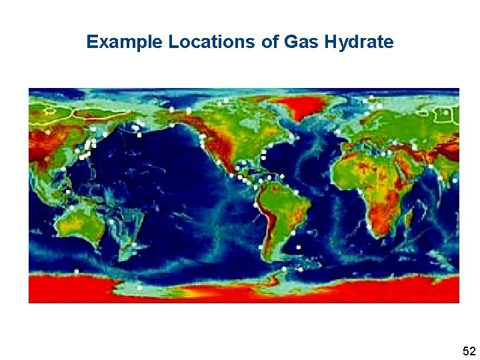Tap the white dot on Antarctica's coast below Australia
[139, 288]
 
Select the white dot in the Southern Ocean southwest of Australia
[77, 271]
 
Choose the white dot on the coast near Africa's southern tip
[369, 227]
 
